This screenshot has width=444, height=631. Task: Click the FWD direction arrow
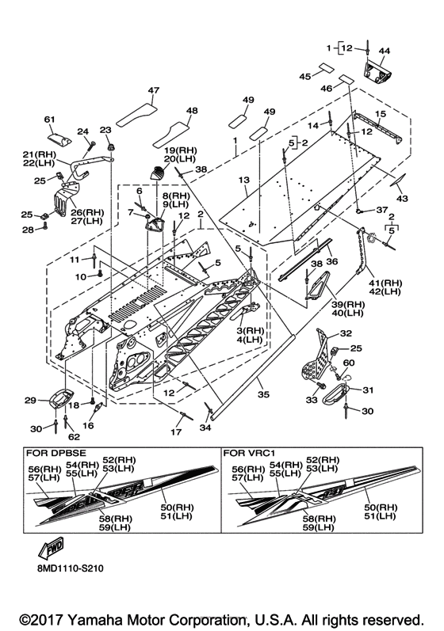[50, 548]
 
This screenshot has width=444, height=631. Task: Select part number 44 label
[384, 51]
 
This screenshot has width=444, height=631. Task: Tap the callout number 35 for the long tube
[263, 394]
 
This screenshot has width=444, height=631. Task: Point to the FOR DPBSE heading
[56, 453]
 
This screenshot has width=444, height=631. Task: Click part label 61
[50, 120]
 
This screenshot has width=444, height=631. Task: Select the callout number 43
[402, 198]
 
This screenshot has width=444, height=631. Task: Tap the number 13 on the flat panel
[243, 180]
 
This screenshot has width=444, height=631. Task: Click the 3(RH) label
[251, 331]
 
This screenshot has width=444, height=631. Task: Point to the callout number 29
[31, 401]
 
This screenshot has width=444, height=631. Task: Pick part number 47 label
[154, 90]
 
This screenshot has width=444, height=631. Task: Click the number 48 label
[192, 111]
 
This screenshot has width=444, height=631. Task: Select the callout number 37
[381, 210]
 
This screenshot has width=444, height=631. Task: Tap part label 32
[346, 333]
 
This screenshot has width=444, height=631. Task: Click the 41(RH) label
[385, 283]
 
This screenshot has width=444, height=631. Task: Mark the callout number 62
[75, 436]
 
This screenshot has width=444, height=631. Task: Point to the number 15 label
[381, 114]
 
